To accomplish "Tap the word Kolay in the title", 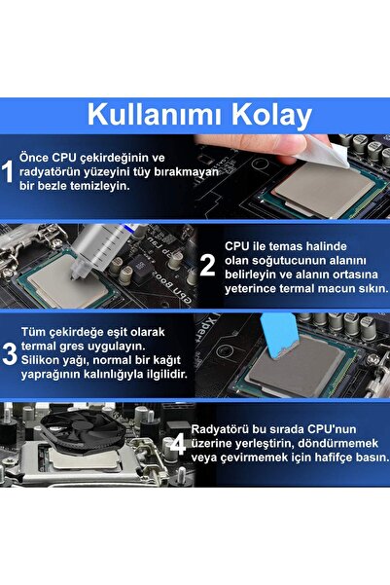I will pos(268,114).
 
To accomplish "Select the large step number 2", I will pos(207,265).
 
